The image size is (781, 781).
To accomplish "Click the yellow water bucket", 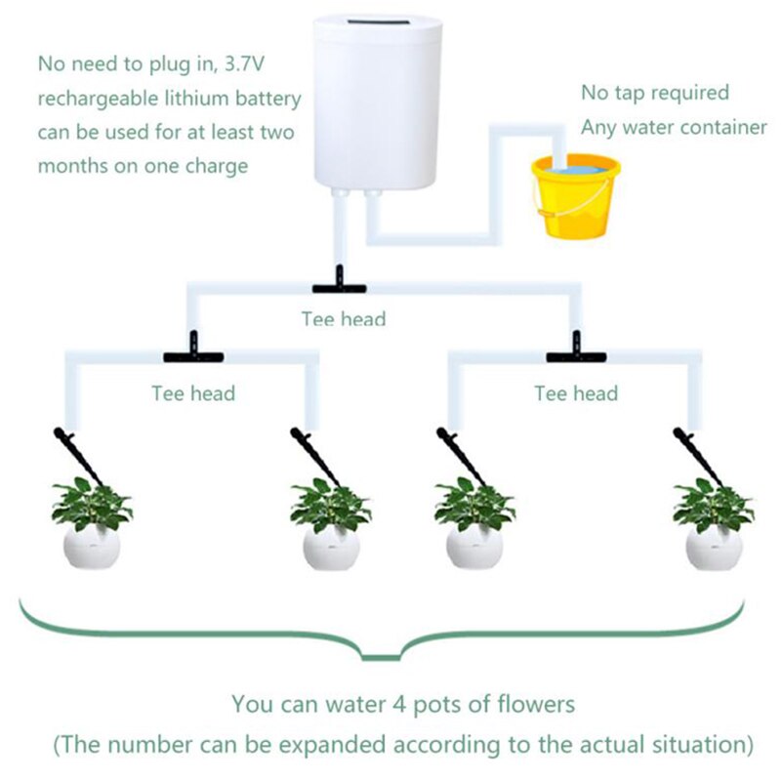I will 575,200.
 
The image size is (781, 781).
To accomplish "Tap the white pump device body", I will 377,107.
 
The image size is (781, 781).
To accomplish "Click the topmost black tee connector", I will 339,284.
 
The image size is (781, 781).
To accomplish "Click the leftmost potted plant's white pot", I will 93,547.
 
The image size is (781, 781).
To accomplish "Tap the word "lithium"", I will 199,99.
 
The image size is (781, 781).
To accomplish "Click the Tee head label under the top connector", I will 343,319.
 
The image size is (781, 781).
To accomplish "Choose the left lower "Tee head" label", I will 193,393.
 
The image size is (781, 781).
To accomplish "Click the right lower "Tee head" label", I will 576,393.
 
